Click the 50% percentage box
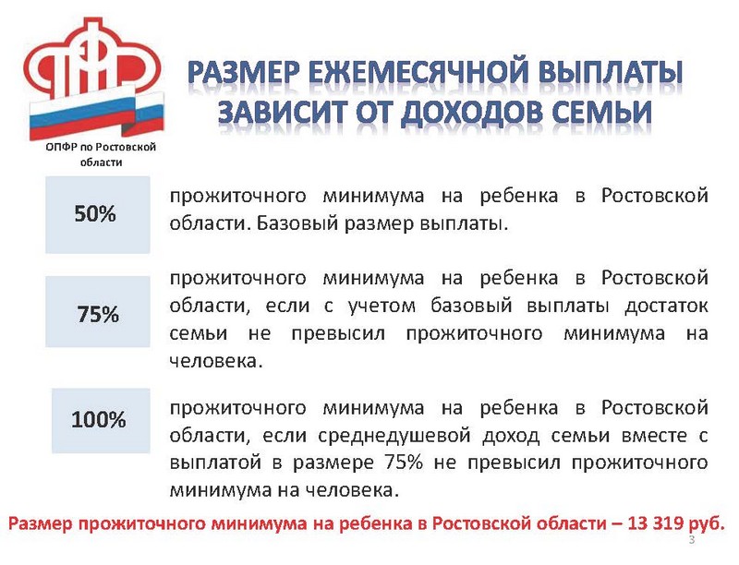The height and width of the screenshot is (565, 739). point(98,215)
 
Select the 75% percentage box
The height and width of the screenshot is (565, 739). point(98,312)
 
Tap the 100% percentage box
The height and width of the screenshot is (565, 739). point(101,420)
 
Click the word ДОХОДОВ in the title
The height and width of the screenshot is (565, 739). point(471,113)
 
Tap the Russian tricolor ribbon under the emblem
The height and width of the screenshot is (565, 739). point(97,115)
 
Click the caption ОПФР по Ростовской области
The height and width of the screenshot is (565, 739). point(101,154)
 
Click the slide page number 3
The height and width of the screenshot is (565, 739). point(691,539)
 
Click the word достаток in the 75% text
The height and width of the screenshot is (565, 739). point(666,307)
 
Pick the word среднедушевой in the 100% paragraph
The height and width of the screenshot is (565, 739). point(394,436)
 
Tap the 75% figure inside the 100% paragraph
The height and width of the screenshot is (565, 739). point(404,463)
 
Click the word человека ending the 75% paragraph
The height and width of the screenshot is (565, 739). point(215,362)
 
